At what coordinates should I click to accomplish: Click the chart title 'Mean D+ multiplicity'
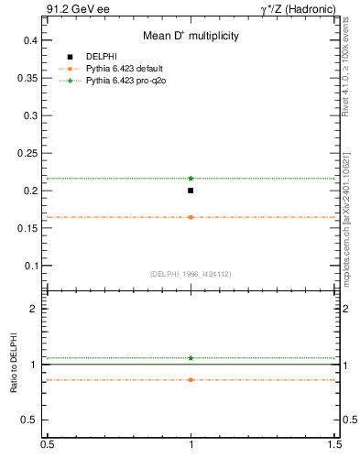[191, 37]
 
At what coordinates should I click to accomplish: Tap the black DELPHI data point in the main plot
[191, 191]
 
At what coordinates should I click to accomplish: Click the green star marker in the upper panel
[191, 178]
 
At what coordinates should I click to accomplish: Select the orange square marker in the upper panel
[191, 217]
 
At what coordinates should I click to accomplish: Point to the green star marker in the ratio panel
[191, 358]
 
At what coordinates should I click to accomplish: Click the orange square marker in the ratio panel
[191, 379]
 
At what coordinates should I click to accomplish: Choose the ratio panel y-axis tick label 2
[34, 310]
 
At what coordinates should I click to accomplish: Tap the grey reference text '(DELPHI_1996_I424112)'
[191, 273]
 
